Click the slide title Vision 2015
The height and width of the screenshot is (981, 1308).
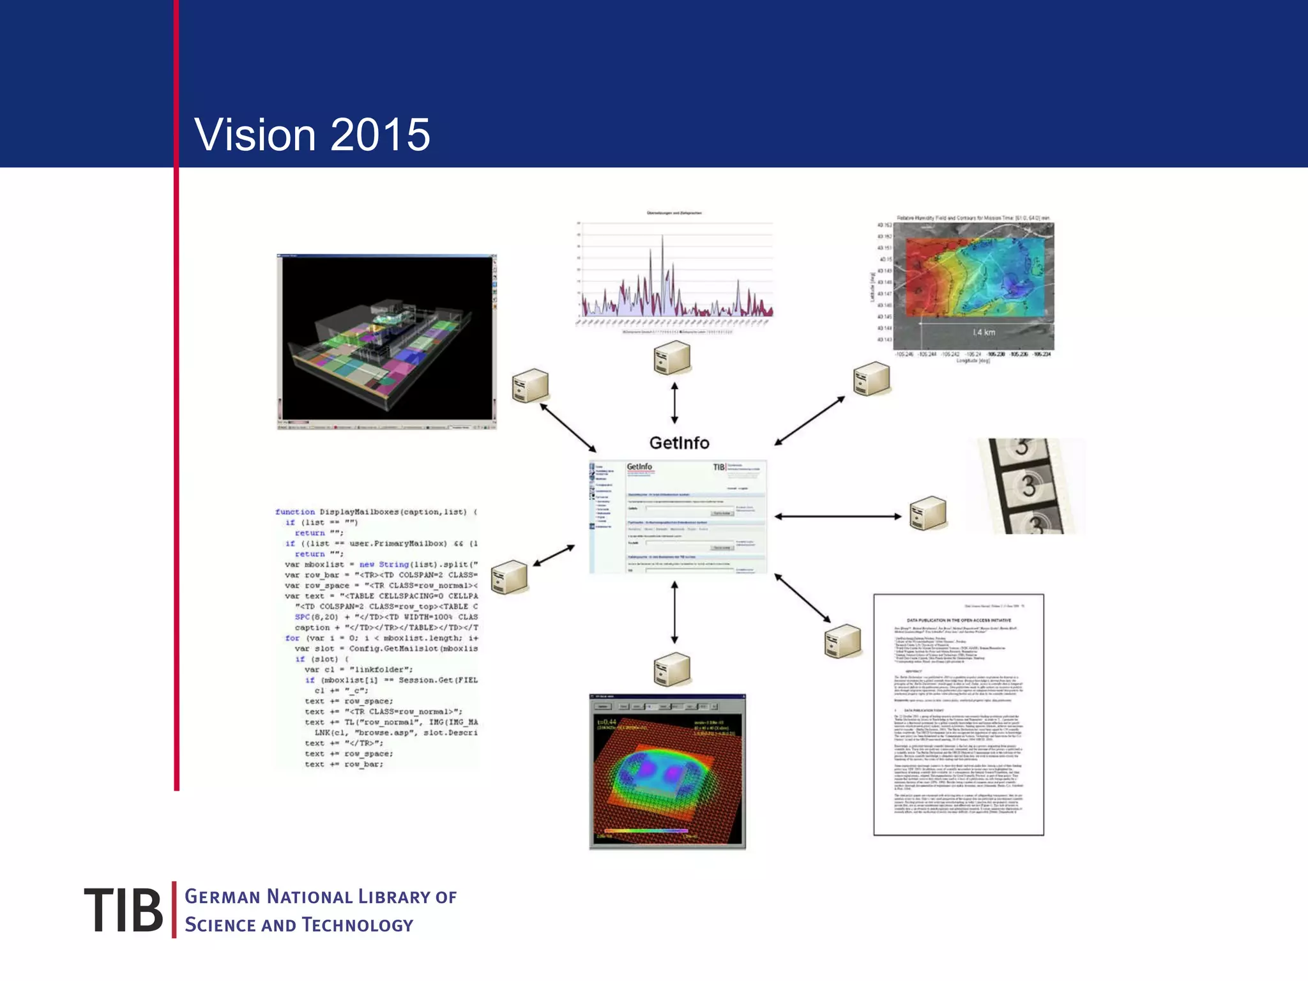[x=312, y=135]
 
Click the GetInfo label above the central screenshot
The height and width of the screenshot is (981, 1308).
[x=679, y=443]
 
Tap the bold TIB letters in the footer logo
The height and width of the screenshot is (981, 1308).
[x=123, y=909]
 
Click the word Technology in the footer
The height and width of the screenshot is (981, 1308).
[x=358, y=925]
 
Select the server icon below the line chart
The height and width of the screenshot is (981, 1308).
[x=672, y=358]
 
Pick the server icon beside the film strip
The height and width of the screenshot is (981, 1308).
[x=927, y=513]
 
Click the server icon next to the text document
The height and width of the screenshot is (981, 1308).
[x=842, y=641]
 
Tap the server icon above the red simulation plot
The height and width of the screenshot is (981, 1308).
[x=672, y=669]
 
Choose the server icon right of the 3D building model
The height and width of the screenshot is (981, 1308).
[x=530, y=385]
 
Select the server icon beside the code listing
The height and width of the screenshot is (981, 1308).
[x=509, y=577]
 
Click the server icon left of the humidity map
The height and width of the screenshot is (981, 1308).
[x=871, y=379]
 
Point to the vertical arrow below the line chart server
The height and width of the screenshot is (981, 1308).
[x=674, y=403]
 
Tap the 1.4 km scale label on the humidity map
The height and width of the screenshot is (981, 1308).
[x=984, y=332]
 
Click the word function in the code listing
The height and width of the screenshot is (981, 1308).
[x=295, y=512]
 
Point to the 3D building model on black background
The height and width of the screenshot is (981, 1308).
[x=386, y=342]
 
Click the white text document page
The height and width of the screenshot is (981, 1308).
[x=958, y=714]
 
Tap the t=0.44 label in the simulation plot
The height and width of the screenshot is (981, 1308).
[x=606, y=722]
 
